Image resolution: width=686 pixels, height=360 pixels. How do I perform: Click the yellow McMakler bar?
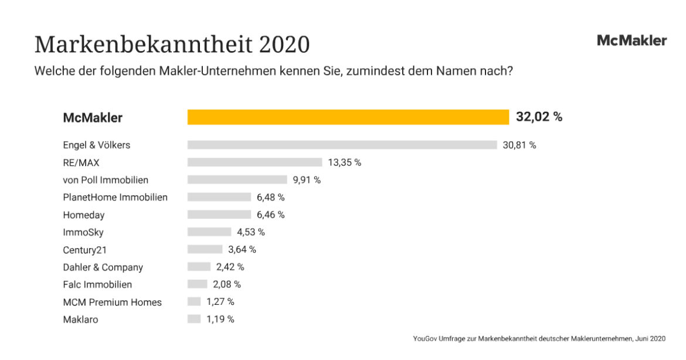point(348,117)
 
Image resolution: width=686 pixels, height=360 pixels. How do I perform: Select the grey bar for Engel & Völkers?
point(342,145)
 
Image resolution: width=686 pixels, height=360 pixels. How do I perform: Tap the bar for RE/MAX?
point(254,162)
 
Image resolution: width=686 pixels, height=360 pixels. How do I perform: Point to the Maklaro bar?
point(194,320)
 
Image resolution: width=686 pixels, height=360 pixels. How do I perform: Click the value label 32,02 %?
point(539,117)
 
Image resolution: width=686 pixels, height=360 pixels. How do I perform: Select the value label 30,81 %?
point(519,145)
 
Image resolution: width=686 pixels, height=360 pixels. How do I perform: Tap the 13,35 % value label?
point(344,162)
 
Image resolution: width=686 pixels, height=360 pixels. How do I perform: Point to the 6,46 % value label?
point(270,215)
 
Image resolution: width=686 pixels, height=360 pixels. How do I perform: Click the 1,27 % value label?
point(220,302)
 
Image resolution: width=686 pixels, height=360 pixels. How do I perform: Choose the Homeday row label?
point(84,215)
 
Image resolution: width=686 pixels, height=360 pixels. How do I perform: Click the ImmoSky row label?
point(83,232)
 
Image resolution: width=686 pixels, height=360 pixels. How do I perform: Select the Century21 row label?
point(85,250)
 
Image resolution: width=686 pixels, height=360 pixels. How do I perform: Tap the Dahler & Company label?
point(103,267)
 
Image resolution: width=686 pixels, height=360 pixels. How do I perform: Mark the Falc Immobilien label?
point(97,284)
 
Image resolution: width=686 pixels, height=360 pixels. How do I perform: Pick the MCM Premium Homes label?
point(112,303)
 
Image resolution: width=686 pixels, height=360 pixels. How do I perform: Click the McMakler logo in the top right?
point(631,40)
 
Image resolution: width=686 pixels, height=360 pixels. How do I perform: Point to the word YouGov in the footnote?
point(425,338)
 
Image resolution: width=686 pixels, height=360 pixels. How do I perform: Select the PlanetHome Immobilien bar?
point(219,197)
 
